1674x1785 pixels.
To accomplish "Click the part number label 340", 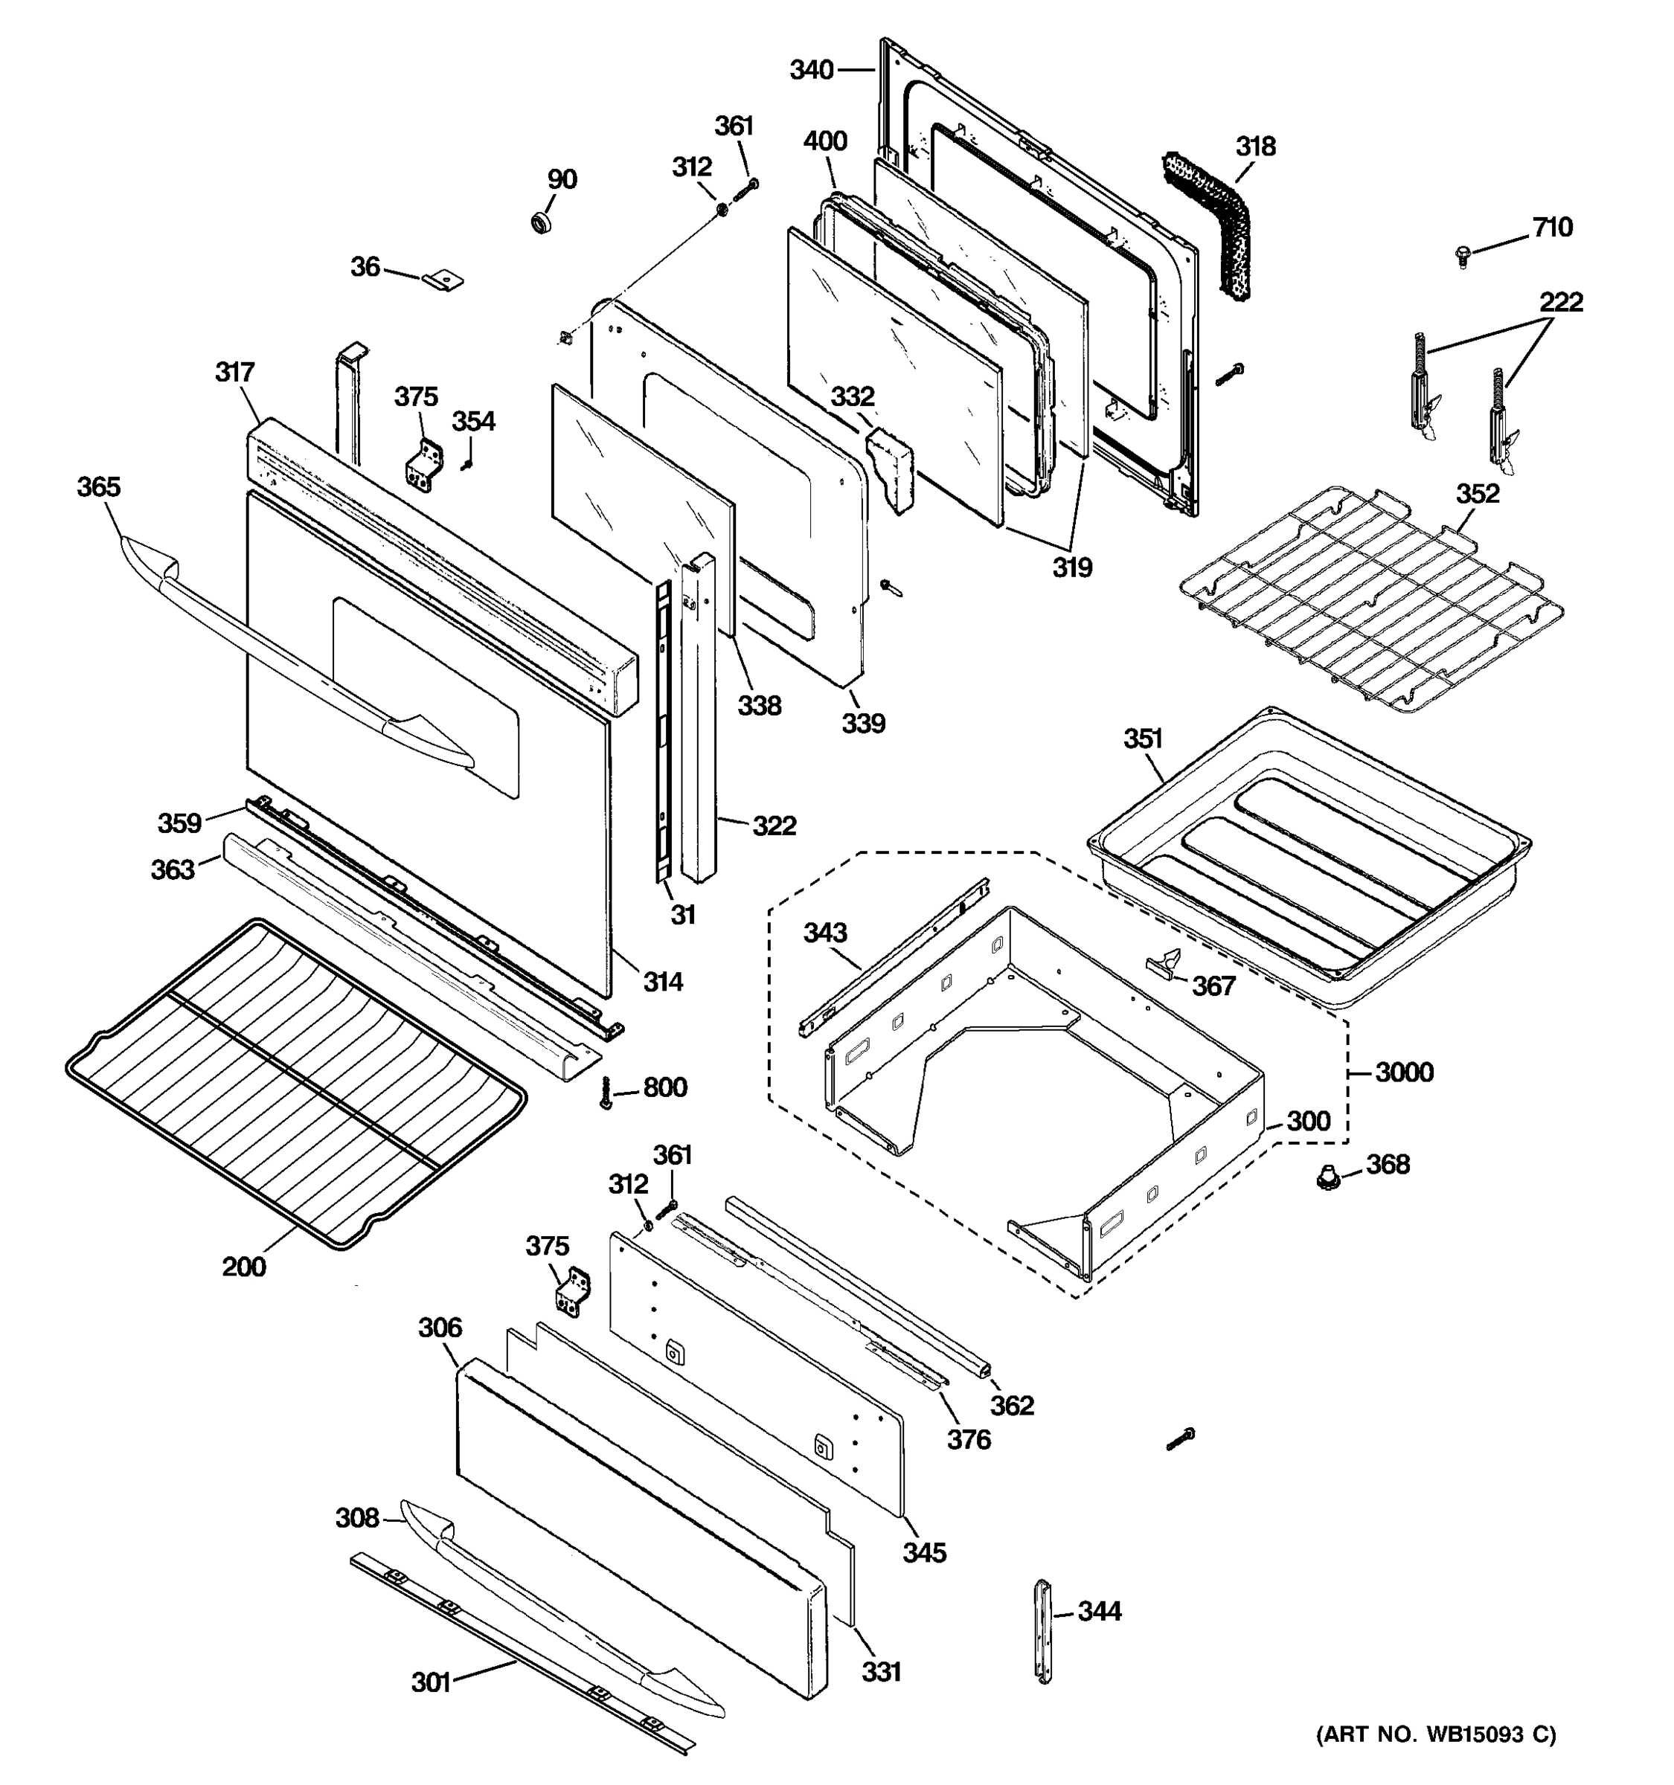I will [812, 70].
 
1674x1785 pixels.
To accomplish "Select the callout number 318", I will [1256, 147].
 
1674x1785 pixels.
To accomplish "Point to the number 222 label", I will [1561, 302].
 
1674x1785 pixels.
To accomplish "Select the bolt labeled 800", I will [606, 1092].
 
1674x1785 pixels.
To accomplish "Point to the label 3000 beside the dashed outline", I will [1405, 1072].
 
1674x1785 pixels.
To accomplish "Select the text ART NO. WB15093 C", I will [1436, 1759].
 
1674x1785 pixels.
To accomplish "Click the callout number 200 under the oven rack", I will [244, 1267].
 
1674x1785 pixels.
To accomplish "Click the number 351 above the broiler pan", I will [1144, 739].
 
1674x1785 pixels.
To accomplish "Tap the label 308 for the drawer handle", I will [357, 1517].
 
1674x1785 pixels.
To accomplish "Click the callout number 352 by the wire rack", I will [1478, 493].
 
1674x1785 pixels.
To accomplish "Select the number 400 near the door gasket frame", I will [825, 142].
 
